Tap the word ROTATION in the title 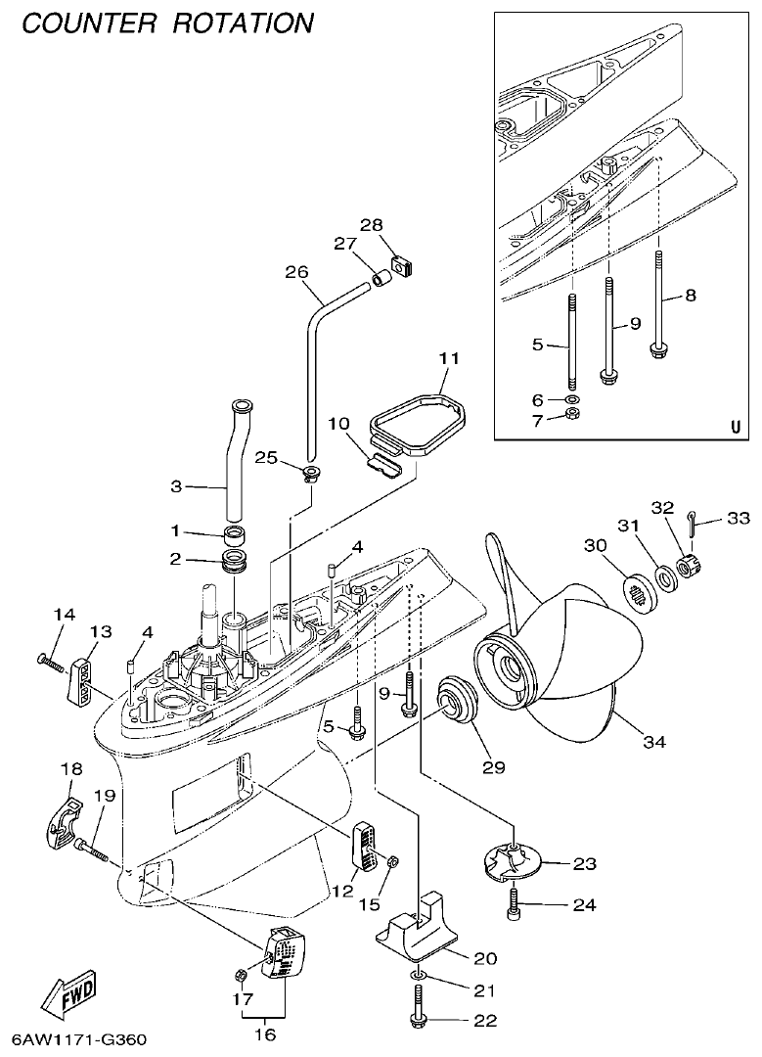244,22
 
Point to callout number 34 654,743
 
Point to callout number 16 265,1034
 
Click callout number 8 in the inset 691,295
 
